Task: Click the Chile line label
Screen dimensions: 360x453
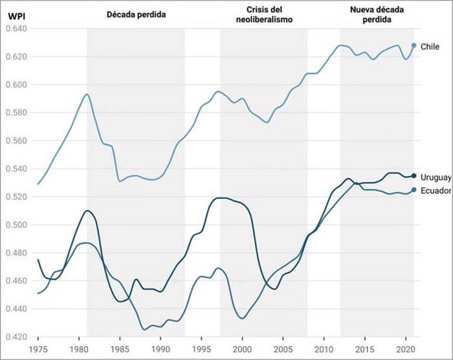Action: [x=430, y=47]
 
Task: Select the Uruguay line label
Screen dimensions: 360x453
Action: [x=435, y=177]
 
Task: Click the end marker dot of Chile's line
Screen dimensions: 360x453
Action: [x=414, y=46]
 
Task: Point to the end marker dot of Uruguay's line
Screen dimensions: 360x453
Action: [x=414, y=175]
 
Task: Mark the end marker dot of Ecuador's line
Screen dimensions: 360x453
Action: [x=414, y=190]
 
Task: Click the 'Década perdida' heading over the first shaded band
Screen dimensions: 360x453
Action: [x=137, y=14]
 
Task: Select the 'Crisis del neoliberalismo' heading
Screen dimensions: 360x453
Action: [x=264, y=14]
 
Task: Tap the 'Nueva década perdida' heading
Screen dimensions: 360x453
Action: [x=377, y=14]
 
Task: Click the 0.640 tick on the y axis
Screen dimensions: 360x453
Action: [x=16, y=29]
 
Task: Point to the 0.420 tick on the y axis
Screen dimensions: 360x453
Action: [x=16, y=337]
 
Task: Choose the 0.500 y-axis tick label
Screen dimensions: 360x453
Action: [x=16, y=225]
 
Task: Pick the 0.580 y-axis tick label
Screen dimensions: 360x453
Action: [x=16, y=113]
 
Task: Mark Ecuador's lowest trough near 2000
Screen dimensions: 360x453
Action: [x=243, y=318]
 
